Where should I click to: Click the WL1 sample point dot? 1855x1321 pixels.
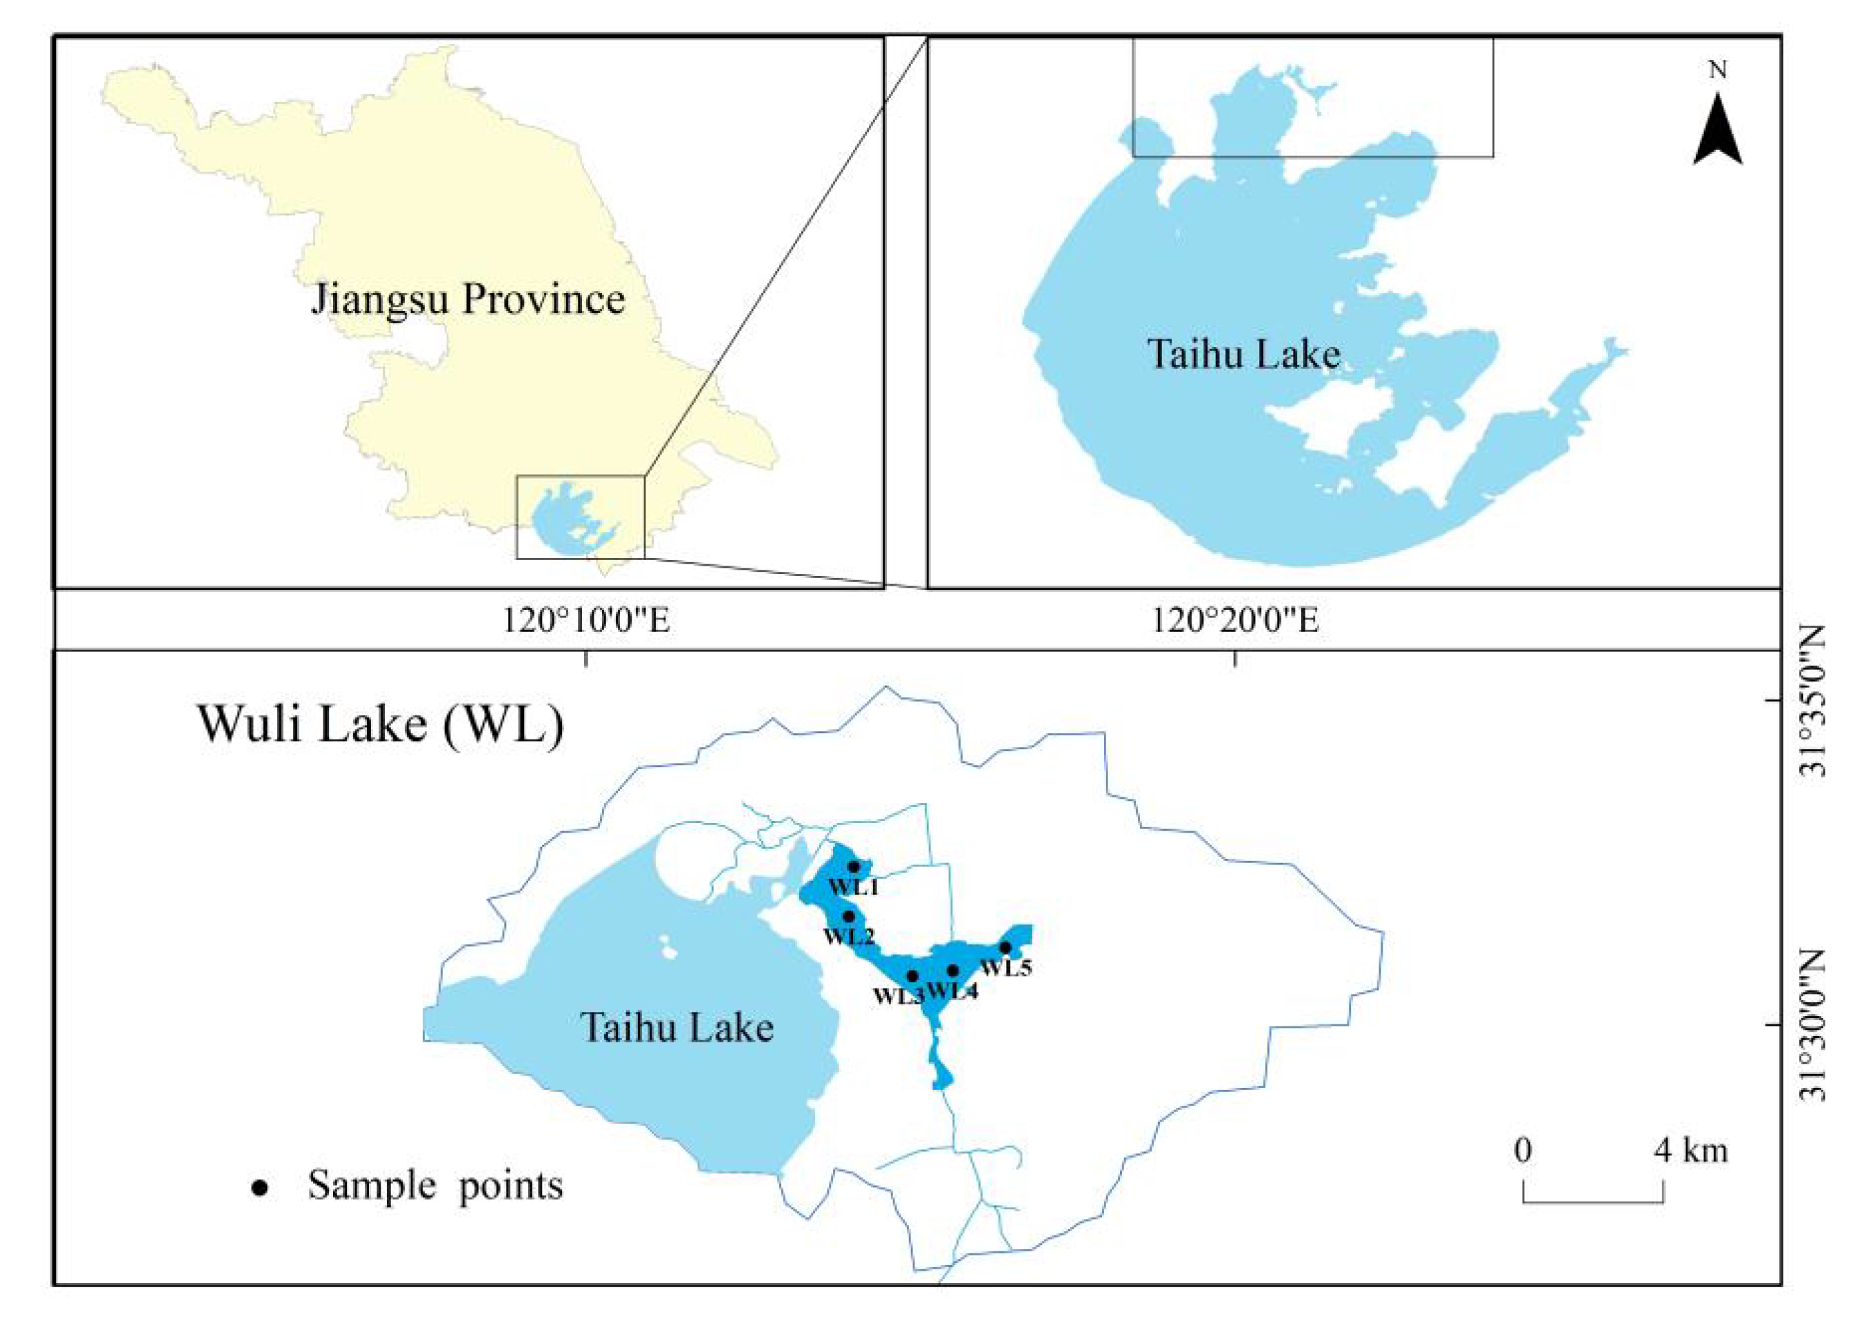[853, 866]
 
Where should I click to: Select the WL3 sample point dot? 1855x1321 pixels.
[912, 975]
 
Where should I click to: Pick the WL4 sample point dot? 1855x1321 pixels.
[953, 971]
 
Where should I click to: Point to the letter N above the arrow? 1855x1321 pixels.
[1718, 72]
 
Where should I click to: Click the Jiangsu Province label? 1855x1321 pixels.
[468, 299]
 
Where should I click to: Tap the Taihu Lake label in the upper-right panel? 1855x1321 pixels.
[1243, 355]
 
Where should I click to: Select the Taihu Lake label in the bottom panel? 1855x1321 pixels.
[676, 1027]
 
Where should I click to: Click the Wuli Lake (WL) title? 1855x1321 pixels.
[381, 722]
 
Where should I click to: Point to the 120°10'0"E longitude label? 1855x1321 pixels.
[585, 622]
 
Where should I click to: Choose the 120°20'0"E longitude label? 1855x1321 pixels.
[1234, 622]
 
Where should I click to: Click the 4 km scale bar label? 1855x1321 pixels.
[1690, 1150]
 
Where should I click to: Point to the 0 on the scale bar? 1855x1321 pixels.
[1523, 1150]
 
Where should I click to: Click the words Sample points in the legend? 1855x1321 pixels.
[435, 1186]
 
